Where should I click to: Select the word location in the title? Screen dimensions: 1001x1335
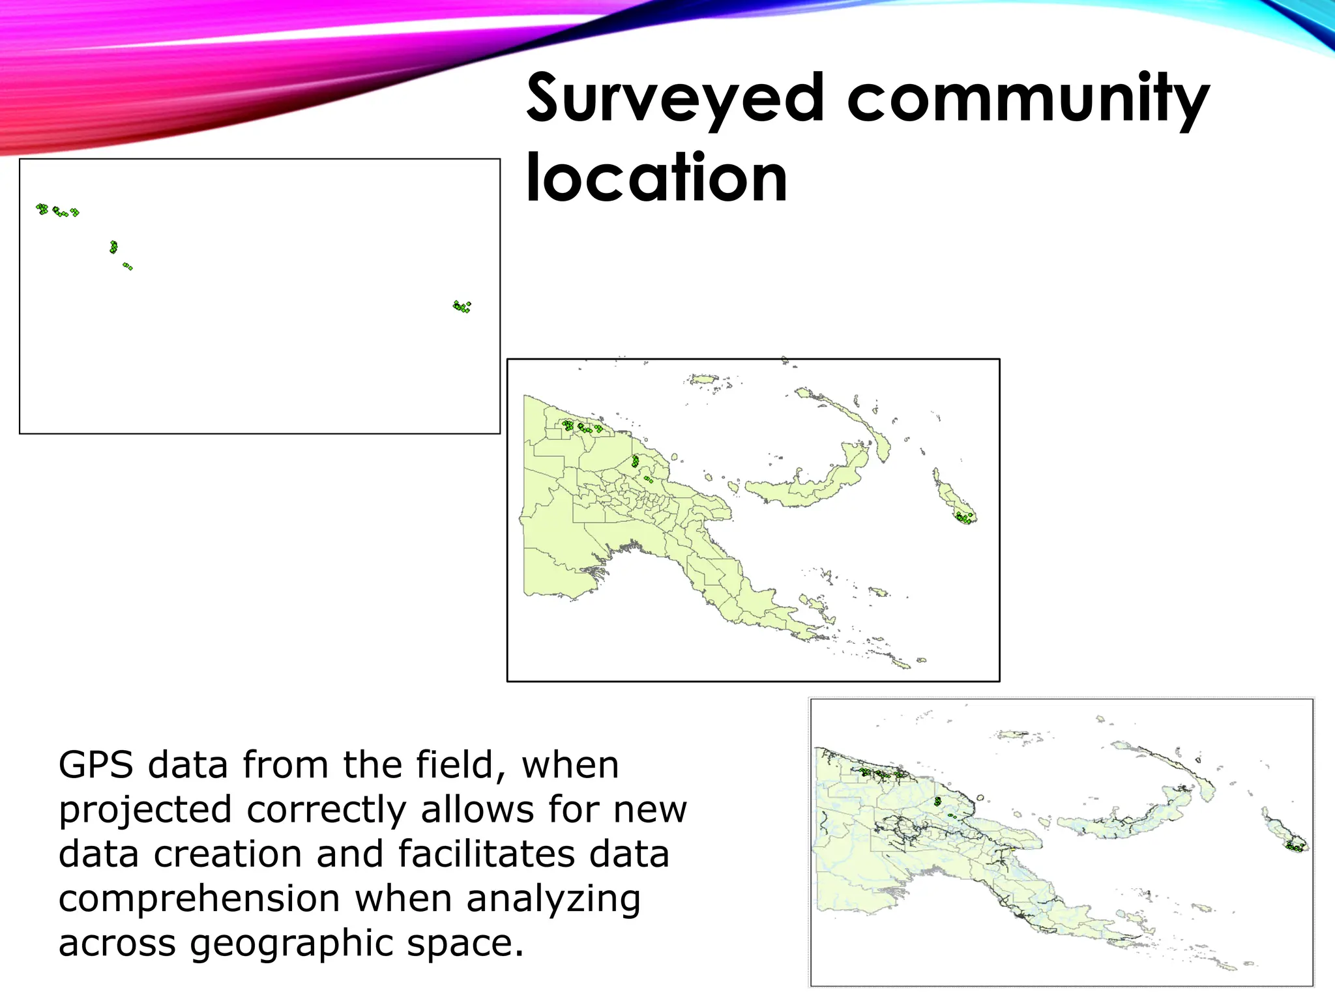tap(656, 178)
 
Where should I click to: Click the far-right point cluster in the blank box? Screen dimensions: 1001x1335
tap(462, 306)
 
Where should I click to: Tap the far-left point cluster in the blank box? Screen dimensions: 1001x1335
tap(42, 209)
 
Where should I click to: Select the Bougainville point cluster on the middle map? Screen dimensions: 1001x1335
tap(965, 518)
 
